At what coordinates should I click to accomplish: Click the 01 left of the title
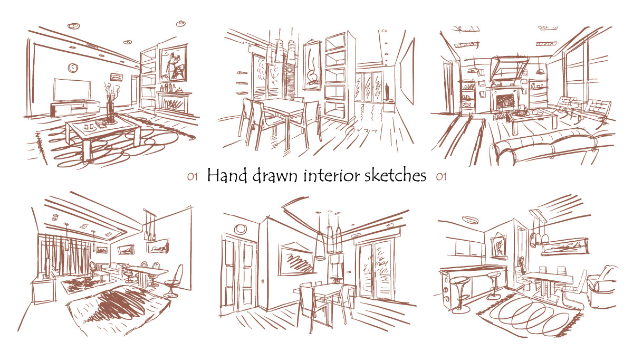pyautogui.click(x=192, y=177)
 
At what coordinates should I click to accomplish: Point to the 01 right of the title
pyautogui.click(x=441, y=177)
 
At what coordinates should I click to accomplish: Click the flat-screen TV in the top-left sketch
pyautogui.click(x=72, y=90)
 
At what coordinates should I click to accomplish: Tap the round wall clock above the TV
pyautogui.click(x=73, y=68)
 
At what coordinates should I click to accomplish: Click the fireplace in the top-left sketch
pyautogui.click(x=174, y=103)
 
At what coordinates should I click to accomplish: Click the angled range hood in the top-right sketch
pyautogui.click(x=509, y=69)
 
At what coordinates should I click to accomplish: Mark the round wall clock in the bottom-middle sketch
pyautogui.click(x=241, y=229)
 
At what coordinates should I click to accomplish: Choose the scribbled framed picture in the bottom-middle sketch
pyautogui.click(x=296, y=259)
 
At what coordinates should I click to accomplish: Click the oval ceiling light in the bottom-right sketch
pyautogui.click(x=470, y=220)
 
